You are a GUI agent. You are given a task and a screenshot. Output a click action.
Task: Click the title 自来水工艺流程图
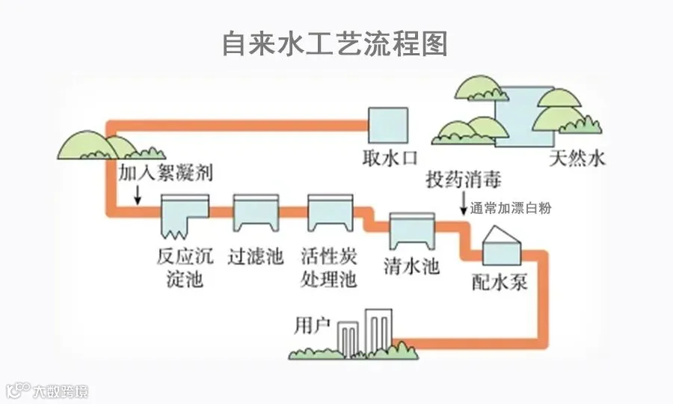tap(335, 44)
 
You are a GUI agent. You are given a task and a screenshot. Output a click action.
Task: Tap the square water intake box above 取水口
tap(388, 126)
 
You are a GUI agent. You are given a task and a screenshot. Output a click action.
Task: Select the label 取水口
tap(390, 159)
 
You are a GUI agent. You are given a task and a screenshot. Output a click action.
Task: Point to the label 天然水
tap(577, 159)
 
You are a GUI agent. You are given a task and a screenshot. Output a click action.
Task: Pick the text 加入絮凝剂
tap(166, 173)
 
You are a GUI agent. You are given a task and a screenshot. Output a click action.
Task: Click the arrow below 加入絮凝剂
tap(138, 195)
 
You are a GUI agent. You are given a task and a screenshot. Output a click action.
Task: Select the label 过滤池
tap(256, 257)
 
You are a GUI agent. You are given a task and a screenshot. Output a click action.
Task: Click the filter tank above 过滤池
tap(256, 213)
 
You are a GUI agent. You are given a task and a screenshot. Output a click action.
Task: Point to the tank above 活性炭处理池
tap(331, 213)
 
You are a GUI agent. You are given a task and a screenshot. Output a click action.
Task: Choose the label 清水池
tap(411, 266)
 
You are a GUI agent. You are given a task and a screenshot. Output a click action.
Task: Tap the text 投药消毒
tap(464, 179)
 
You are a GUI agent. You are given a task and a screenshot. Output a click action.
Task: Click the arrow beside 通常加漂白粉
tap(464, 203)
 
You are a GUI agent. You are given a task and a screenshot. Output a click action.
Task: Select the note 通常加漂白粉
tap(510, 208)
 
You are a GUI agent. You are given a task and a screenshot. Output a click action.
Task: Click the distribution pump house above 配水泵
tap(502, 245)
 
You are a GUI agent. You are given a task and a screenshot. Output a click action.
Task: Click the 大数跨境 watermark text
tap(61, 391)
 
